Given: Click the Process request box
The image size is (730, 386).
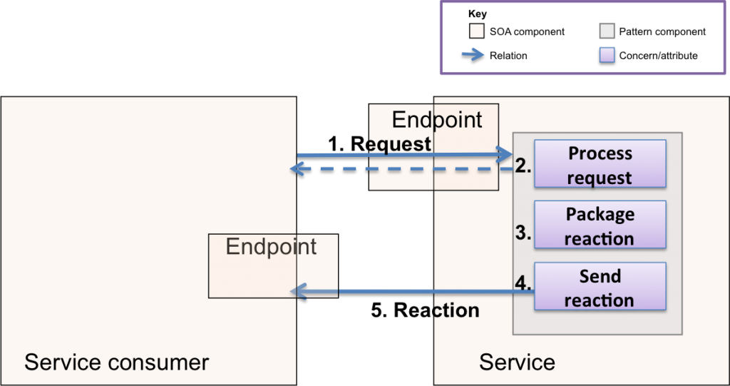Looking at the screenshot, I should point(600,165).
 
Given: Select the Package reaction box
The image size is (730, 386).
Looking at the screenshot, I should point(600,225).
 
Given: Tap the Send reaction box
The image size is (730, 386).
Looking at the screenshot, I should point(600,288).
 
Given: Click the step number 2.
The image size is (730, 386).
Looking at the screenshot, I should point(523,167).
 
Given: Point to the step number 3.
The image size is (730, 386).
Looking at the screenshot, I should point(523,233).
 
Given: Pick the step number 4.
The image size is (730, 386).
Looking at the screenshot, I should point(523,283).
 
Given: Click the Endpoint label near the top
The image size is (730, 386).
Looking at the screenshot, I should point(436,119).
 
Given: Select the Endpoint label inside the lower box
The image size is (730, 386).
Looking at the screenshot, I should point(271,247).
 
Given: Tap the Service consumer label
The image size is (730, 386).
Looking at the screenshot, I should point(116,362).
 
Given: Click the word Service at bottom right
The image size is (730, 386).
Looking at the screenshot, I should point(517,362).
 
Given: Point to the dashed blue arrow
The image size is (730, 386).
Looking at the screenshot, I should point(399,170).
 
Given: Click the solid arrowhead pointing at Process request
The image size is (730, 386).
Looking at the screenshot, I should point(505,154).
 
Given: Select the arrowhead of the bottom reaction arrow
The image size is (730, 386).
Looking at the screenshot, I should point(299,291).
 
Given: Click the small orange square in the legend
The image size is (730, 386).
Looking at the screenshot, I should point(476,31).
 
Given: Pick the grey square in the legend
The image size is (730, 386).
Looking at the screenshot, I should point(607,31).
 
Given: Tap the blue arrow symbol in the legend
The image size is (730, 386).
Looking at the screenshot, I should point(473,55).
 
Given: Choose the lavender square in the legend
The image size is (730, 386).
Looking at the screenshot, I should point(607,55).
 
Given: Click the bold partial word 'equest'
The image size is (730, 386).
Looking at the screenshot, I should point(401,144).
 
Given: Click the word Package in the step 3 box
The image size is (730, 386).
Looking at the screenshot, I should point(600,214).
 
